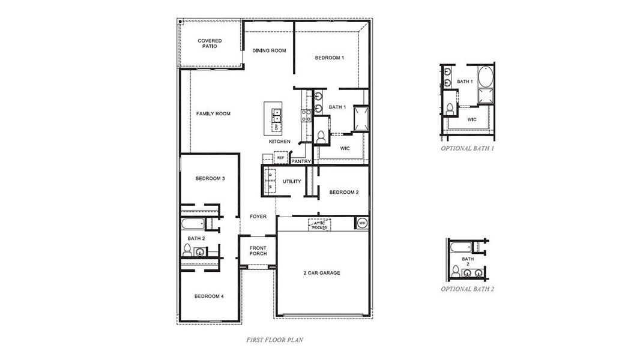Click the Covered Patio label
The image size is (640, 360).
[x=210, y=43]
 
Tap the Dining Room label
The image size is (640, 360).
[x=269, y=50]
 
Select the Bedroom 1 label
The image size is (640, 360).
[x=330, y=58]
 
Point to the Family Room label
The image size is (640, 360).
[x=213, y=113]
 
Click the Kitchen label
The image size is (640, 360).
[x=279, y=142]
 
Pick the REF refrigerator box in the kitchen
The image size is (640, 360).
[x=280, y=158]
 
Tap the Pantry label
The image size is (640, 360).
[x=300, y=161]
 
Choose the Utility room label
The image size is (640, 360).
[x=292, y=181]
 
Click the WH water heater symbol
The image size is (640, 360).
[x=361, y=223]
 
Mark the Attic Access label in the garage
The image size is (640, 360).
[x=319, y=225]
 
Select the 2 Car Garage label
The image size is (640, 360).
[x=321, y=273]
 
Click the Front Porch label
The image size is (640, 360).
[x=258, y=251]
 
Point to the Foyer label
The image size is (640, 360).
[x=258, y=217]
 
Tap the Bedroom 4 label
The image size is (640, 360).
[x=210, y=296]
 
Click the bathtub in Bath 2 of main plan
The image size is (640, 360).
[x=193, y=225]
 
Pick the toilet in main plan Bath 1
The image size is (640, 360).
[x=320, y=137]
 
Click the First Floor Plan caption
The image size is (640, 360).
[x=274, y=340]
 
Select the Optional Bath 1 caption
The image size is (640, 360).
[x=467, y=148]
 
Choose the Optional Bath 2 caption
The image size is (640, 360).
[x=467, y=289]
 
